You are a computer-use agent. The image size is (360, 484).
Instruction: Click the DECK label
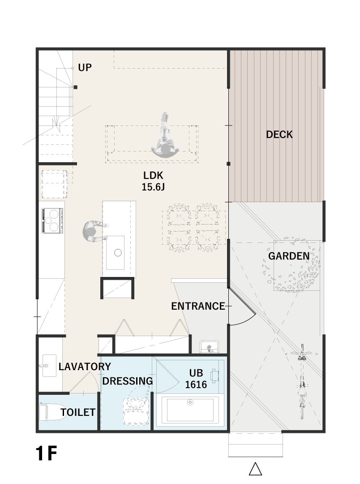click(x=279, y=134)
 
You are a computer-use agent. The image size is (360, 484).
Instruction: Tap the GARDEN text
click(x=289, y=256)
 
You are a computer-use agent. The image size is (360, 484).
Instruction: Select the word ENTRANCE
click(x=198, y=306)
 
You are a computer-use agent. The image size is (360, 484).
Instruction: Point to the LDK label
click(x=153, y=175)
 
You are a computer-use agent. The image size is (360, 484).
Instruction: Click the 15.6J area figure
click(x=153, y=187)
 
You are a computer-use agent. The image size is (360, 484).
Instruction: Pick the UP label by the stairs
click(x=85, y=68)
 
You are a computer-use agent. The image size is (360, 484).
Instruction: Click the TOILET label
click(x=78, y=412)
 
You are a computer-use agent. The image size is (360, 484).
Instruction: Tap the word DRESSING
click(x=128, y=381)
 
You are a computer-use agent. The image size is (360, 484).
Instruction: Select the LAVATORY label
click(x=85, y=367)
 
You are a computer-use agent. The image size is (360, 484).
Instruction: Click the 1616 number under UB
click(x=196, y=385)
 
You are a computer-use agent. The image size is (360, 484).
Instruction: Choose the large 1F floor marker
click(x=47, y=454)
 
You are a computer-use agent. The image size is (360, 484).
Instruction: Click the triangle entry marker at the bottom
click(x=255, y=469)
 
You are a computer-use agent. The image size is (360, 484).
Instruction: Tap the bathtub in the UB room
click(x=190, y=410)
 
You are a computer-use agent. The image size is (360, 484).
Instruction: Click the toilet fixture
click(x=53, y=412)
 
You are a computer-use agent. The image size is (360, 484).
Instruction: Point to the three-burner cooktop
click(x=52, y=220)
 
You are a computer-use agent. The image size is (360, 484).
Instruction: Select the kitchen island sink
click(x=116, y=252)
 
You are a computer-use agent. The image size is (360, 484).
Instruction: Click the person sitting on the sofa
click(x=165, y=136)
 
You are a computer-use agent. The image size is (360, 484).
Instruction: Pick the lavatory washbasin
click(x=49, y=366)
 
